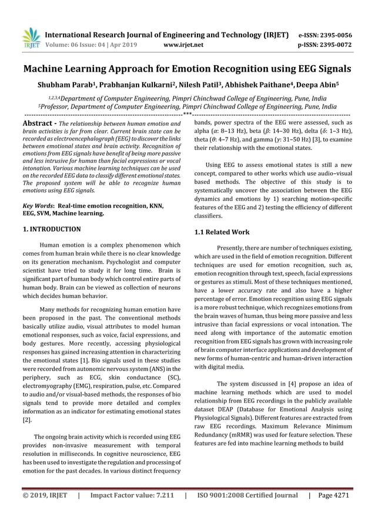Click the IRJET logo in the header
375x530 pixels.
(x=30, y=38)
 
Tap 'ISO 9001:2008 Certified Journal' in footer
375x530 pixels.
(x=247, y=495)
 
